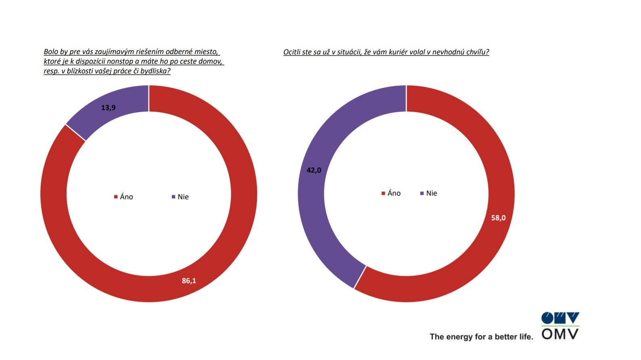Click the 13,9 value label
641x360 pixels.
[108, 108]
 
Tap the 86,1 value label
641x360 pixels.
[189, 281]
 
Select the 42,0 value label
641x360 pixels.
[314, 170]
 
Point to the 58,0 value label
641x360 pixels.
[498, 218]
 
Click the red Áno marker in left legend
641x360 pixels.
[116, 197]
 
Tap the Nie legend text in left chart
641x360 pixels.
[183, 197]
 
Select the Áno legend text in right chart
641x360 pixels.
[394, 193]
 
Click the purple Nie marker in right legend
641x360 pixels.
[422, 194]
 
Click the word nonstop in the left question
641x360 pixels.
[120, 62]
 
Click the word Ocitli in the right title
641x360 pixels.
[292, 52]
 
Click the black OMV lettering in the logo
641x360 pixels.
[560, 334]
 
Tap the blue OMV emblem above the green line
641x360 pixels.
[560, 318]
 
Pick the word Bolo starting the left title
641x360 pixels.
[51, 52]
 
